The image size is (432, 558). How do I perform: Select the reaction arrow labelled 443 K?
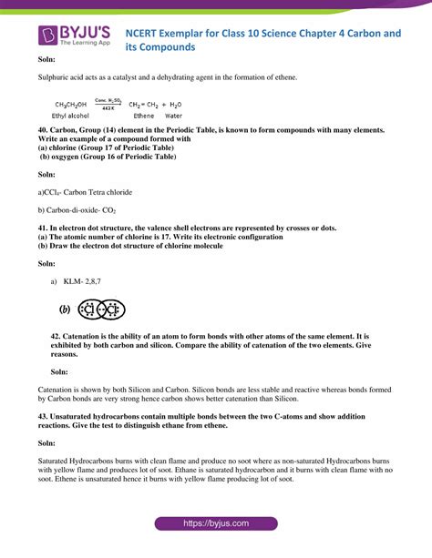point(108,106)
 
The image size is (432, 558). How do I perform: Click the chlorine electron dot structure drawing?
point(99,309)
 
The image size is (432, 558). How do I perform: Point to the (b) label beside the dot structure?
point(65,309)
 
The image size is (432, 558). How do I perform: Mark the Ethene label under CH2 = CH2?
point(144,116)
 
